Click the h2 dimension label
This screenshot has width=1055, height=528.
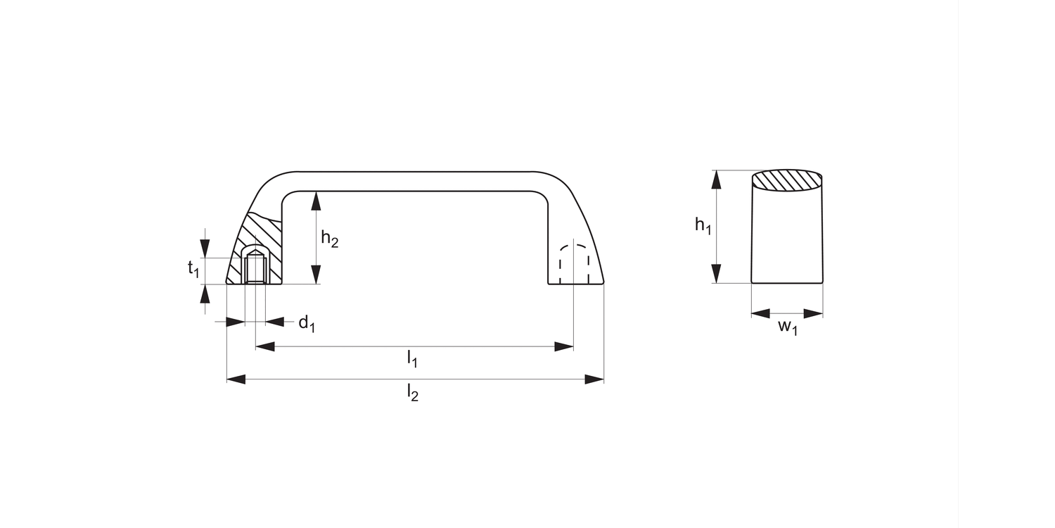pyautogui.click(x=329, y=239)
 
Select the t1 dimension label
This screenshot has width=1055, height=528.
pyautogui.click(x=193, y=268)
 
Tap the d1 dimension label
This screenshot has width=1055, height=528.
pyautogui.click(x=307, y=324)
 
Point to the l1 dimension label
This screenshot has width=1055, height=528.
pyautogui.click(x=412, y=360)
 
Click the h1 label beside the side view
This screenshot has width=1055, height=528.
pyautogui.click(x=703, y=225)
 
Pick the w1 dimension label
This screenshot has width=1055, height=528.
pyautogui.click(x=788, y=327)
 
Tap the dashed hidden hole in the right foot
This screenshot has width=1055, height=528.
pyautogui.click(x=574, y=264)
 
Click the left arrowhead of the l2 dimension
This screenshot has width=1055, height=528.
pyautogui.click(x=236, y=379)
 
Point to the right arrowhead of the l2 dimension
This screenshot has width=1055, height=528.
pyautogui.click(x=595, y=379)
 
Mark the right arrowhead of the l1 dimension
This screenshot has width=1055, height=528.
pyautogui.click(x=564, y=346)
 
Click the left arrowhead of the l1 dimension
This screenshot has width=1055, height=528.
pyautogui.click(x=264, y=346)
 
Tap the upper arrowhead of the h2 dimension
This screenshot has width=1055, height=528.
pyautogui.click(x=316, y=201)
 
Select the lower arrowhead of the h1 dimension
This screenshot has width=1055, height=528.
pyautogui.click(x=717, y=274)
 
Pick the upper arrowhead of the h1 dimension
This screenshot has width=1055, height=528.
pyautogui.click(x=717, y=180)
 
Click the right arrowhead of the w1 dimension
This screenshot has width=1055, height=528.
pyautogui.click(x=814, y=313)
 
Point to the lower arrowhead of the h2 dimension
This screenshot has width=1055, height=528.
pyautogui.click(x=316, y=275)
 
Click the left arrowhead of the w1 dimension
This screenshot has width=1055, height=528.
pyautogui.click(x=761, y=313)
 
